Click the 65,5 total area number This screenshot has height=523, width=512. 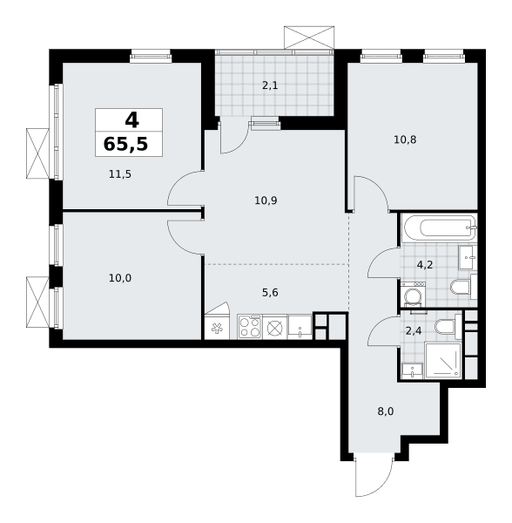(125, 145)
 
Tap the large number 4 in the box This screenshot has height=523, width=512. (131, 120)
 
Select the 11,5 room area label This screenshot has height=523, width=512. (120, 174)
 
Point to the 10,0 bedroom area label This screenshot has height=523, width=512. (120, 278)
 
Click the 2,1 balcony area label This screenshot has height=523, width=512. (270, 85)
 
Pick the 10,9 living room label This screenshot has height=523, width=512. (266, 200)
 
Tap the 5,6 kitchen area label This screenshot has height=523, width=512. (270, 293)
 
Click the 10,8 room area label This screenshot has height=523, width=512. (405, 139)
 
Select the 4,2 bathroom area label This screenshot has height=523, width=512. (425, 265)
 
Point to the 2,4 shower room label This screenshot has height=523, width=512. (414, 331)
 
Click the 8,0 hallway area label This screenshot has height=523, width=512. (386, 411)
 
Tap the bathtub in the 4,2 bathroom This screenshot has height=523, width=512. (440, 228)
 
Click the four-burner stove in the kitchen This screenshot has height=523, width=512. (250, 327)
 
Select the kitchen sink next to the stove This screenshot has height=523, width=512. (300, 327)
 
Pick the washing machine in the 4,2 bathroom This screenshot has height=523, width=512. (413, 295)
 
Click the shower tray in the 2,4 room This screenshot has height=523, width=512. (443, 361)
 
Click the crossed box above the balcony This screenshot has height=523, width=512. (309, 37)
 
